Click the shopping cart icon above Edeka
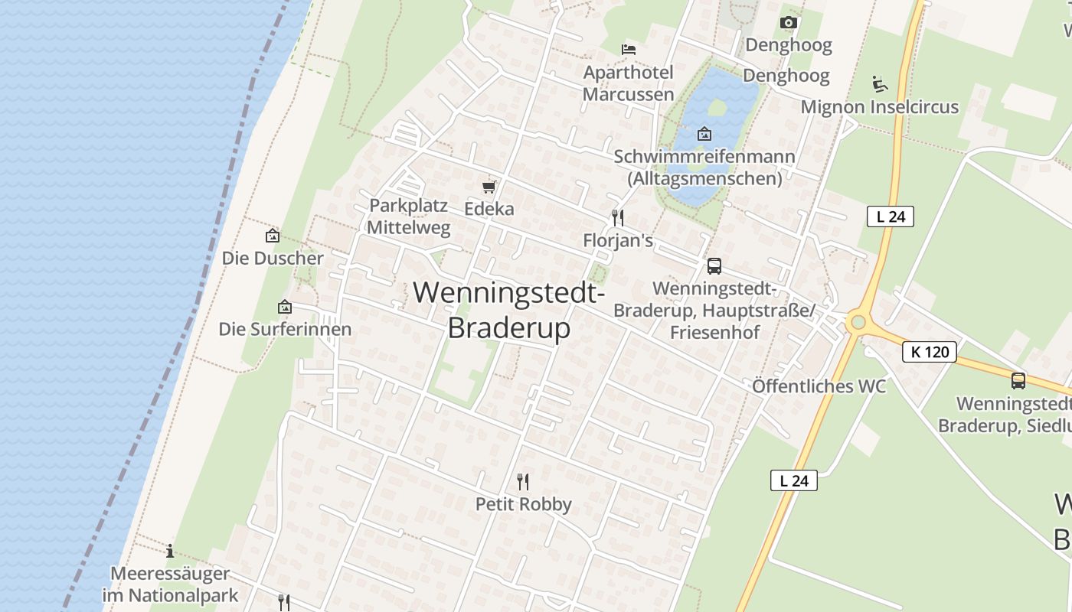[x=489, y=187]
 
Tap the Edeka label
[x=489, y=209]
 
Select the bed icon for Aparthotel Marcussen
[x=629, y=50]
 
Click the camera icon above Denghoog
[x=788, y=23]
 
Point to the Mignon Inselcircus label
[x=879, y=107]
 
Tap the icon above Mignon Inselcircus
[x=879, y=83]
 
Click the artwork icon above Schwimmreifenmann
[x=704, y=135]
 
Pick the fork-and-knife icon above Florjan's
[x=618, y=218]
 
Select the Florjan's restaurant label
[x=618, y=241]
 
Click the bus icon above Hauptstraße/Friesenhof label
[x=714, y=266]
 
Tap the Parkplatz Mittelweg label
[x=408, y=216]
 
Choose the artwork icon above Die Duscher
[x=272, y=236]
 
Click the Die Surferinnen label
[x=285, y=329]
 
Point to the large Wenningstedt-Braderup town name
[x=509, y=310]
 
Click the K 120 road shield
[x=930, y=352]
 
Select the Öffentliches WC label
[x=819, y=386]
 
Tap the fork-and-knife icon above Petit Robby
[x=523, y=481]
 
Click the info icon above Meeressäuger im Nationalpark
[x=170, y=551]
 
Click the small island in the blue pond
[x=716, y=108]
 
